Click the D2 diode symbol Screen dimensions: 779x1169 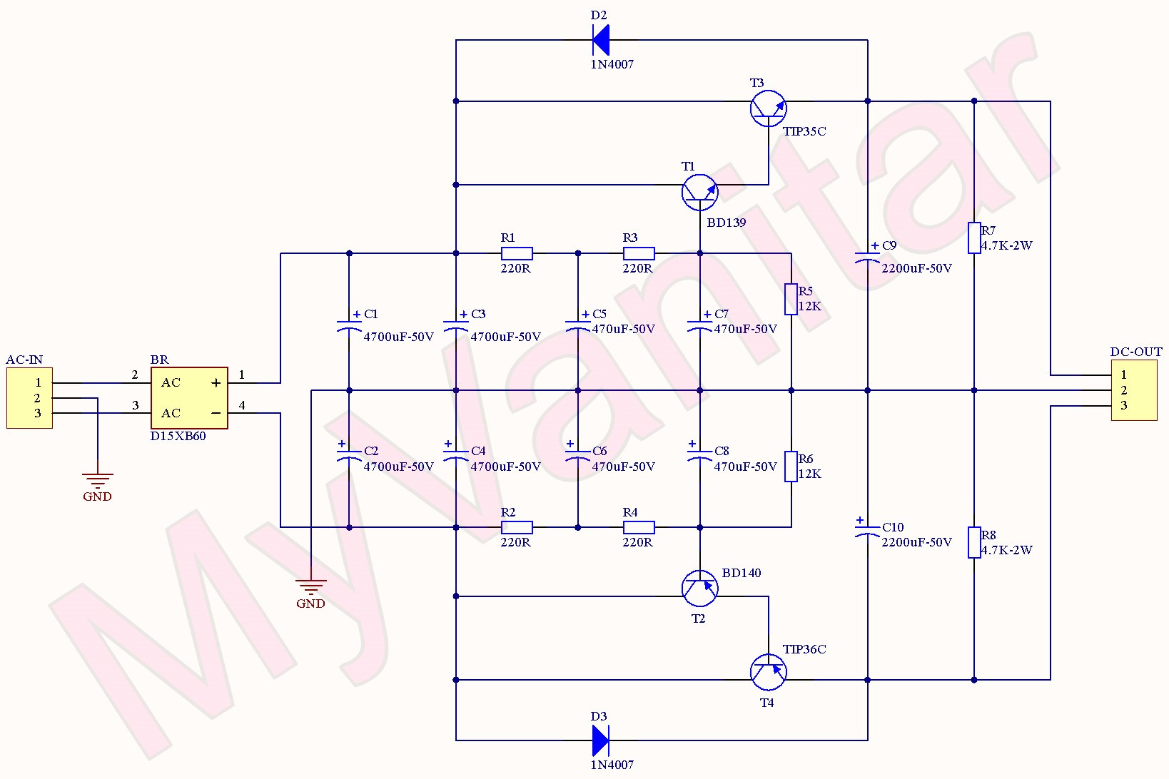[601, 40]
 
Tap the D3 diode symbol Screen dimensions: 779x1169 [601, 740]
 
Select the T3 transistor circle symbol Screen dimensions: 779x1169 [769, 108]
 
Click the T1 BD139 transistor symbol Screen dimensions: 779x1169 [699, 192]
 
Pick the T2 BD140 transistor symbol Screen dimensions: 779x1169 [699, 589]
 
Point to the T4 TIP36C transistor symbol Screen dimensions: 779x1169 [769, 672]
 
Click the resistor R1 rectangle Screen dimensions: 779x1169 [517, 253]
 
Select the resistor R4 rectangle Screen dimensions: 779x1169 [639, 527]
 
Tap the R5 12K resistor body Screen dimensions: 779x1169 [791, 299]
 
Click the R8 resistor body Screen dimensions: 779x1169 [974, 542]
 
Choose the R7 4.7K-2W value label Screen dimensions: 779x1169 [1006, 245]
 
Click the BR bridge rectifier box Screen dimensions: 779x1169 [189, 398]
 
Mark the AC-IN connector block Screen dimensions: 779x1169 [29, 398]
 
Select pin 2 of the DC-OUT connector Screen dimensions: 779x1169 [1124, 390]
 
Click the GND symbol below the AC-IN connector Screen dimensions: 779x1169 [97, 479]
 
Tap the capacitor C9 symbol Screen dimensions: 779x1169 [868, 258]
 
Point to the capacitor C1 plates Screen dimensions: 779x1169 [349, 327]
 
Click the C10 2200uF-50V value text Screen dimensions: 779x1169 [916, 542]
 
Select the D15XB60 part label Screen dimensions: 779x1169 [178, 436]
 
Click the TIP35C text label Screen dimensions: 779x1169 [804, 131]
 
